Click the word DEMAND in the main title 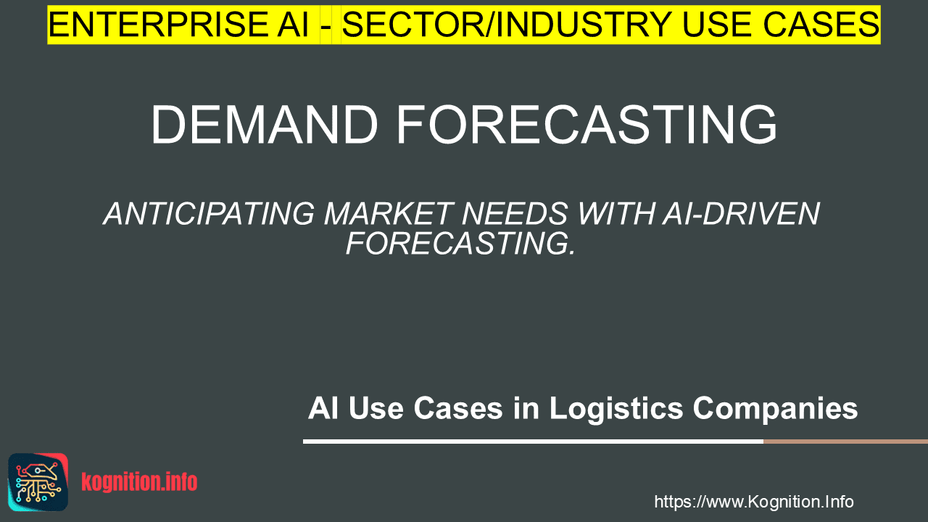[265, 125]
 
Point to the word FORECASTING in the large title [587, 125]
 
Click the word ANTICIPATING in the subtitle [209, 214]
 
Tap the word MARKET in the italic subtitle [388, 214]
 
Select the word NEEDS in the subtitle [514, 214]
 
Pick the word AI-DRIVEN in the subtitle [741, 214]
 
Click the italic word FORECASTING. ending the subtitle [460, 243]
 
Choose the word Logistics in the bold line [616, 408]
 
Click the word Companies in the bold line [776, 408]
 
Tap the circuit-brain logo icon [38, 482]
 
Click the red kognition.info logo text [139, 482]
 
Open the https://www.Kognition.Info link [753, 502]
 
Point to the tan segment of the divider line [845, 442]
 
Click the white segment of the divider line [533, 442]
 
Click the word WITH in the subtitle [615, 214]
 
